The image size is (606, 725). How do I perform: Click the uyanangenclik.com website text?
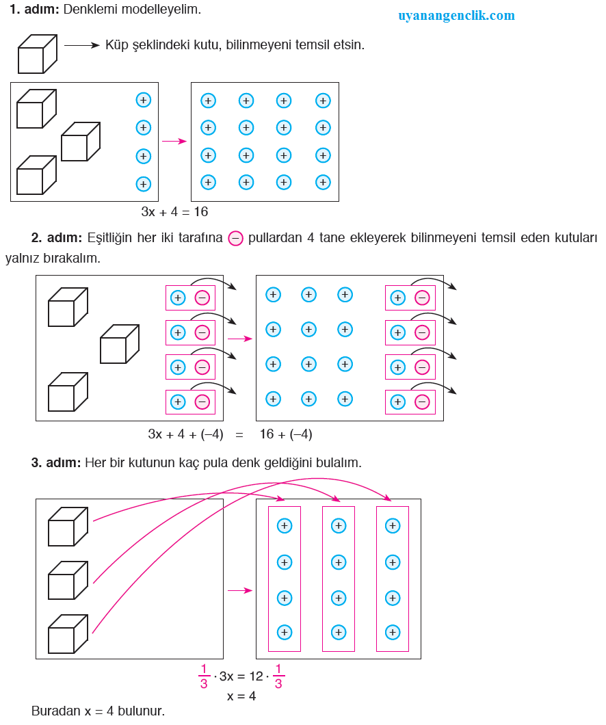point(456,15)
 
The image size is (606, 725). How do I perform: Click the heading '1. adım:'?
point(34,10)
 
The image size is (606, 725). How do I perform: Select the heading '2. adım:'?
point(57,238)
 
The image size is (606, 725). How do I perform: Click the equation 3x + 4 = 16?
point(174,212)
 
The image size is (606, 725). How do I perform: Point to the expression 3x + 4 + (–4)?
point(185,434)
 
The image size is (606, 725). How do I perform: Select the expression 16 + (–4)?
point(286,434)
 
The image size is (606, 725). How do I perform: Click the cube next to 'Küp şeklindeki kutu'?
point(36,54)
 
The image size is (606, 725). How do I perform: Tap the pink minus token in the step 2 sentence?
point(235,238)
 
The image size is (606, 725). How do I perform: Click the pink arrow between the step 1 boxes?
point(174,142)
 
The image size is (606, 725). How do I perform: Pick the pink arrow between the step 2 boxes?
point(239,339)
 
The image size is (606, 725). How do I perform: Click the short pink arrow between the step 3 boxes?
point(239,591)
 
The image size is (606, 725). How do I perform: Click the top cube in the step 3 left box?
point(67,527)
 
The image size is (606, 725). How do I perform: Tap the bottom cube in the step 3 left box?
point(67,634)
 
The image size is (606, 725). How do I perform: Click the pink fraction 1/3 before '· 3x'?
point(204,676)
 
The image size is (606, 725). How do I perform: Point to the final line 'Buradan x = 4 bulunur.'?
point(98,711)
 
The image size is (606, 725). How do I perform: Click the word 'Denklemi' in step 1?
point(85,10)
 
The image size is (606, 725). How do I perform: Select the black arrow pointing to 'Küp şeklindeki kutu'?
point(81,46)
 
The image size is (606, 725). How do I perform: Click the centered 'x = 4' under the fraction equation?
point(241,696)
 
